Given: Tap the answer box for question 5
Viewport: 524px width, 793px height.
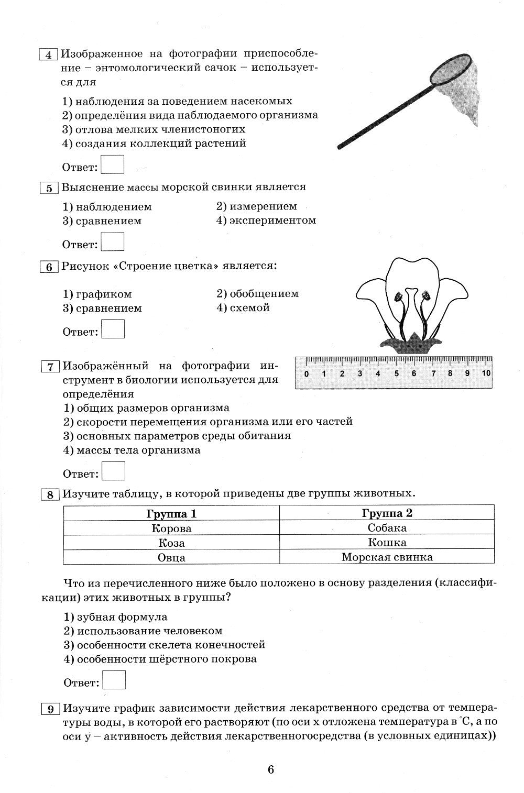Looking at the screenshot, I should pyautogui.click(x=112, y=241).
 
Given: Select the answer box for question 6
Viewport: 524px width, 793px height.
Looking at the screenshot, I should pyautogui.click(x=113, y=329).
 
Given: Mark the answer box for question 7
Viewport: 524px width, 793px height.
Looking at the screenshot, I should pyautogui.click(x=113, y=471).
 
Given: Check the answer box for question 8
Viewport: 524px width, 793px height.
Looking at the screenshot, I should pyautogui.click(x=114, y=680).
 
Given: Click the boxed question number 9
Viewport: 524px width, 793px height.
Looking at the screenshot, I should pyautogui.click(x=50, y=709).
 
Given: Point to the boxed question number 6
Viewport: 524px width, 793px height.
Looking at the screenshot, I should pyautogui.click(x=49, y=267).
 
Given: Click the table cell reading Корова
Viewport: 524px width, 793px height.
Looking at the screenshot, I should pyautogui.click(x=171, y=528).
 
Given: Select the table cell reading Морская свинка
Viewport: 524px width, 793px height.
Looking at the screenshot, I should pyautogui.click(x=387, y=557).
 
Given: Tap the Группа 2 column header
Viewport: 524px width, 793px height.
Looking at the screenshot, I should pyautogui.click(x=387, y=513).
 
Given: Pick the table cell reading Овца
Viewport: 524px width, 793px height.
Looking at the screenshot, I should pyautogui.click(x=171, y=557).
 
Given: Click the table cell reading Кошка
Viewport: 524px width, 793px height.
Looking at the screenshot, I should pyautogui.click(x=387, y=543).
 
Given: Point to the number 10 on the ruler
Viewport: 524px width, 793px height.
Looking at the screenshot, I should pyautogui.click(x=486, y=373).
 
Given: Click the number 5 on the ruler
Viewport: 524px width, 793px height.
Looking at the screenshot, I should pyautogui.click(x=396, y=373).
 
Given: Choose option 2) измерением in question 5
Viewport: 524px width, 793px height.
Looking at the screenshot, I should pyautogui.click(x=257, y=206).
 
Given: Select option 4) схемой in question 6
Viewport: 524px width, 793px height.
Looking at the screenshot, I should pyautogui.click(x=243, y=308).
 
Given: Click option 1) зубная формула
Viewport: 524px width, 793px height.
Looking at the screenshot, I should pyautogui.click(x=115, y=617).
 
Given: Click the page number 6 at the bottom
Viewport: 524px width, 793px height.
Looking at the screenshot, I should pyautogui.click(x=271, y=769).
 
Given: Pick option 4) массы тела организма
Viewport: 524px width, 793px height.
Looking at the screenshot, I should pyautogui.click(x=132, y=450).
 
